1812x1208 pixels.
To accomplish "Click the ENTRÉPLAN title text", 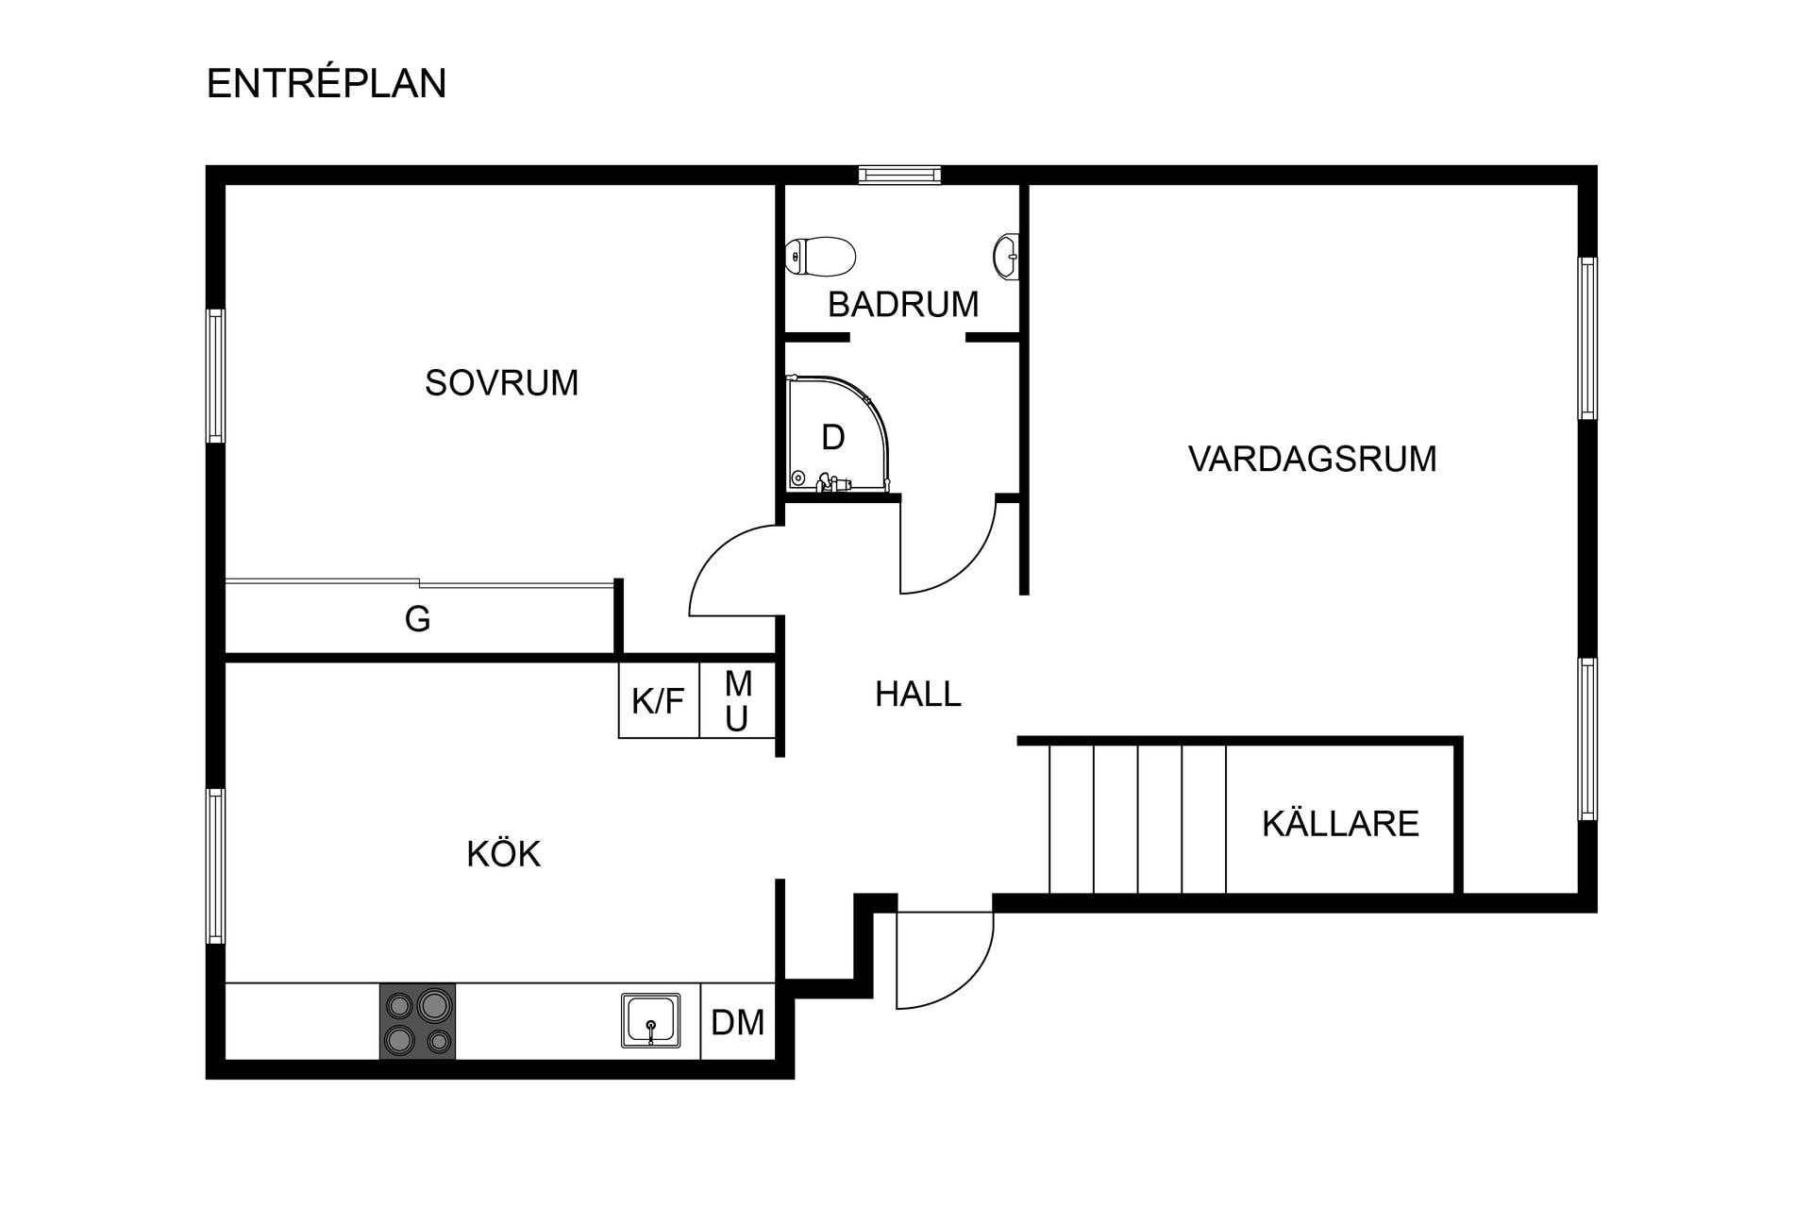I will click(326, 84).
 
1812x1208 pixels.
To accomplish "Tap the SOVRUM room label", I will click(501, 383).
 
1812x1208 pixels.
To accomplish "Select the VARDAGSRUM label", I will click(1312, 459).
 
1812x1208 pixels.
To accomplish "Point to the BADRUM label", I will click(903, 305).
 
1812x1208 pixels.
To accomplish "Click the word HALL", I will click(917, 695).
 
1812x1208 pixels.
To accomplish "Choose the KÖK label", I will click(503, 854).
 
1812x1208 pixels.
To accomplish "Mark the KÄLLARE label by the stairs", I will click(1340, 824).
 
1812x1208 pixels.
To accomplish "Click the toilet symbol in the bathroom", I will click(820, 256).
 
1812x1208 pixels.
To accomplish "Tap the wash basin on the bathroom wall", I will click(1007, 255).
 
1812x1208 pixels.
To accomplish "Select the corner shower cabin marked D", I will click(835, 436).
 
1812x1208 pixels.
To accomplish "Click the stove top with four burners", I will click(417, 1021).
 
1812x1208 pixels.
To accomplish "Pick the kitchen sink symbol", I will click(651, 1020).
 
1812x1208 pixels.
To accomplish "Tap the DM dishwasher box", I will click(737, 1022).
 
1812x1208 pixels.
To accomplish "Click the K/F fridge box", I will click(658, 701).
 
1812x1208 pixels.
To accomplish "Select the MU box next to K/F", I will click(737, 701).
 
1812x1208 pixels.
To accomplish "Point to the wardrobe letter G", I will click(417, 620).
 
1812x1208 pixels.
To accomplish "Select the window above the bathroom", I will click(899, 175).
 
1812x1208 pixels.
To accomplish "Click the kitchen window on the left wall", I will click(216, 865).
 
